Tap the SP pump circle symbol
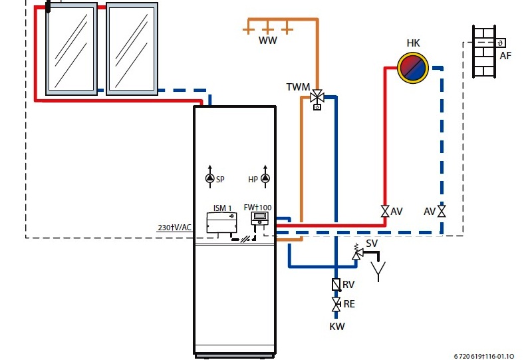(x=209, y=178)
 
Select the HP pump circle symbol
(x=265, y=178)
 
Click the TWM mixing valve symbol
(x=317, y=97)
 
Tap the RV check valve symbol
(x=336, y=285)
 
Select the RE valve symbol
(x=336, y=304)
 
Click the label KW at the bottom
(x=337, y=327)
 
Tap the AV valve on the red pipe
(x=385, y=211)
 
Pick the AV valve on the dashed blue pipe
(x=442, y=211)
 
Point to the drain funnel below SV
(x=377, y=270)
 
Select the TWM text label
(x=297, y=87)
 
